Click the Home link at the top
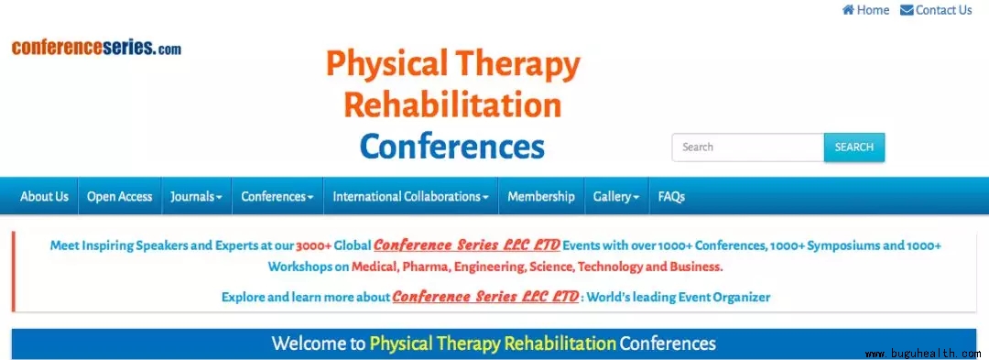coord(865,10)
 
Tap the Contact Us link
coord(936,10)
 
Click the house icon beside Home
coord(848,10)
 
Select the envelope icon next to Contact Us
coord(907,10)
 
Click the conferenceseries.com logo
coord(96,48)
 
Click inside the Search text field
coord(748,147)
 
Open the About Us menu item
coord(44,196)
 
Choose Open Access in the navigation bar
coord(119,196)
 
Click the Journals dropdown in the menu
coord(196,196)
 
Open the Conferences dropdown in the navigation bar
coord(277,196)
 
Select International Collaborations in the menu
coord(410,196)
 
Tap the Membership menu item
coord(540,196)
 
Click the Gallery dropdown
coord(616,196)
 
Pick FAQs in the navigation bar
coord(671,196)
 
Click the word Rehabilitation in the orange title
coord(453,104)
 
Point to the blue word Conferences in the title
coord(452,147)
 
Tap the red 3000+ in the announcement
coord(313,245)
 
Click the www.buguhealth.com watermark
coord(923,354)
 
